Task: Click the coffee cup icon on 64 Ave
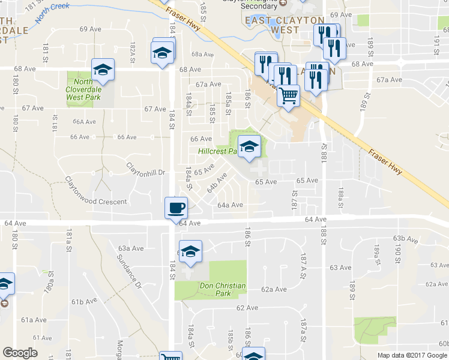[176, 208]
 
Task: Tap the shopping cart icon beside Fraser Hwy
[289, 95]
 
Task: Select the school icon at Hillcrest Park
[249, 146]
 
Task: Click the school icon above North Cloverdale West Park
[103, 70]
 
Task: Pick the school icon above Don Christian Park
[190, 251]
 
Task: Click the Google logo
[20, 353]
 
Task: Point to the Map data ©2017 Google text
[412, 355]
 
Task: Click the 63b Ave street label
[406, 239]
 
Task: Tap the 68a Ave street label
[203, 54]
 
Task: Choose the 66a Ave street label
[84, 121]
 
